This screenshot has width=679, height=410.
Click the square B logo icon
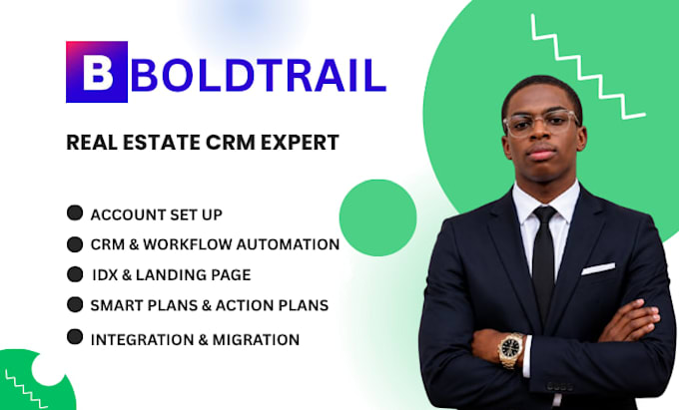(x=97, y=72)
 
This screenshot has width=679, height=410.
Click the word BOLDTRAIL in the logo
(x=259, y=75)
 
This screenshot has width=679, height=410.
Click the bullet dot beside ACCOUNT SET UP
(x=75, y=212)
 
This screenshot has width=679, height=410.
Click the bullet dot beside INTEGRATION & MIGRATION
(x=75, y=337)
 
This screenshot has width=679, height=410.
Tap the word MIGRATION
(x=256, y=339)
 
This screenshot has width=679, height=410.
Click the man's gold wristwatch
(x=511, y=349)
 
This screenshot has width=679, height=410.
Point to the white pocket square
(x=598, y=268)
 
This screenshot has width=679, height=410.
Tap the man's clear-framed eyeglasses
(x=541, y=123)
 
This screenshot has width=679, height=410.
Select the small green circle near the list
(x=378, y=217)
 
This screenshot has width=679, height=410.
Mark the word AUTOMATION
(x=288, y=244)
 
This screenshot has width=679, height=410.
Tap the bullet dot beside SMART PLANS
(x=75, y=304)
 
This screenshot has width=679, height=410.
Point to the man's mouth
(x=542, y=153)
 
